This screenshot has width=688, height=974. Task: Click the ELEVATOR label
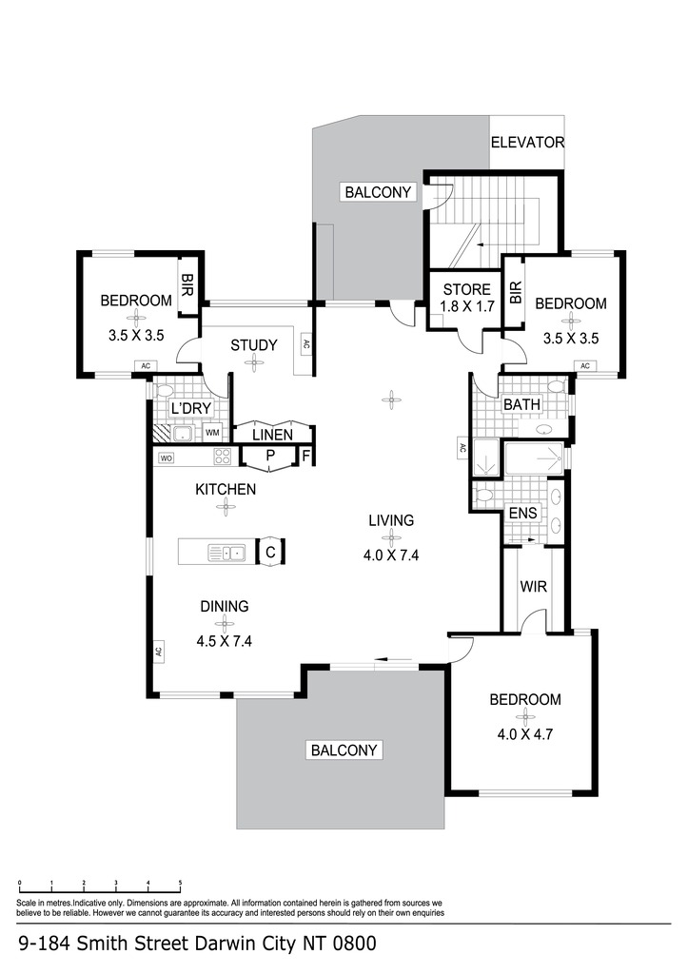[527, 143]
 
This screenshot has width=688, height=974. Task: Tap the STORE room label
[466, 289]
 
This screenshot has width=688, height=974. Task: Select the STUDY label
[253, 345]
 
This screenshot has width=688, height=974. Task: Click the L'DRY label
[191, 409]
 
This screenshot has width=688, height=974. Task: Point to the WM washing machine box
[212, 433]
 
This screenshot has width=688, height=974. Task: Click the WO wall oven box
[167, 458]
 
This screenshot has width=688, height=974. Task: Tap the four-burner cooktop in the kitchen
[222, 457]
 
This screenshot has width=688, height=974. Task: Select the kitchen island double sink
[226, 552]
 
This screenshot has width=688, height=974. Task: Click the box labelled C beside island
[270, 552]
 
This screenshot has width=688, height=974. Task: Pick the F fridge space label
[306, 456]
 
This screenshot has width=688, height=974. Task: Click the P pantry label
[270, 456]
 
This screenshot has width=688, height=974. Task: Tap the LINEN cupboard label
[272, 435]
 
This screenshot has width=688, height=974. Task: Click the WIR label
[533, 586]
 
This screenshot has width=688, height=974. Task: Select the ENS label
[522, 513]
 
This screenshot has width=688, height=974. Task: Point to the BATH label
[521, 404]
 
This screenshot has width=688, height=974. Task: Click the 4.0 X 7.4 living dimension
[391, 555]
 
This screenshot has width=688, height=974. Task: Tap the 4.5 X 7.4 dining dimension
[224, 641]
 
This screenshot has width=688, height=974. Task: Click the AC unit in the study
[305, 343]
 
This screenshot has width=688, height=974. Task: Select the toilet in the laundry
[163, 391]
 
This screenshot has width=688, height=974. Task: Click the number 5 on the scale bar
[180, 882]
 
